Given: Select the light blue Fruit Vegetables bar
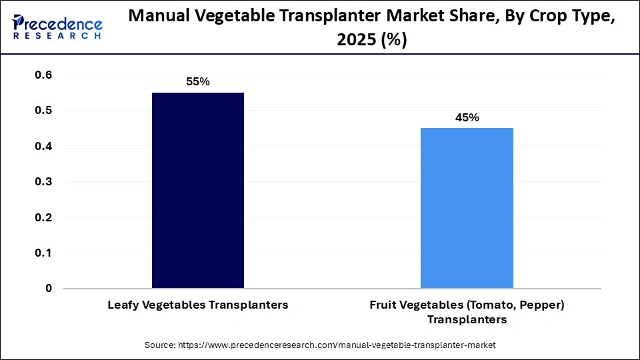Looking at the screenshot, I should (x=467, y=208).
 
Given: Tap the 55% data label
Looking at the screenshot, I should (x=198, y=82).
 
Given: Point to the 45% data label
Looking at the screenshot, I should (x=467, y=117).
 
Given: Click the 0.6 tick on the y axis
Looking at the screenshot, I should (x=43, y=75).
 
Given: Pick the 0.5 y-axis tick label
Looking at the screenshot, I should (x=43, y=110).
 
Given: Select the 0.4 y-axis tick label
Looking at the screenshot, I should (x=43, y=146).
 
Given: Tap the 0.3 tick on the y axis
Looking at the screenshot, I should (x=43, y=181).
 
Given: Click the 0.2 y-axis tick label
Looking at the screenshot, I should (x=43, y=217).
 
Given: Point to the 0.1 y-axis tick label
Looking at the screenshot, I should (x=43, y=253).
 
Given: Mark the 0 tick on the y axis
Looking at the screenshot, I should (x=49, y=289).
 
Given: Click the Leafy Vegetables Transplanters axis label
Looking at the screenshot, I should (x=198, y=305).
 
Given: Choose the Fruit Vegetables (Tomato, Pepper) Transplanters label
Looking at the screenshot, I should (x=467, y=312).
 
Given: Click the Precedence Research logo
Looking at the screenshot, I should (x=57, y=27).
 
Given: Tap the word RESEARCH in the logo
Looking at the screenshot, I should (x=57, y=36).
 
